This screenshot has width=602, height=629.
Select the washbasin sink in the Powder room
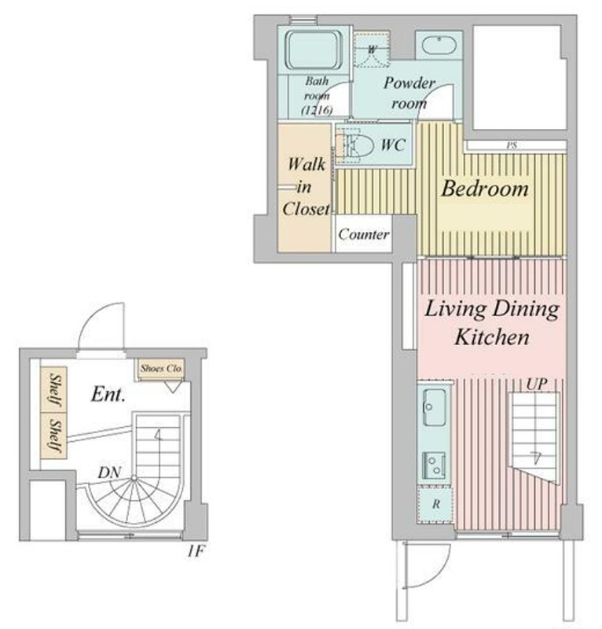click(x=439, y=47)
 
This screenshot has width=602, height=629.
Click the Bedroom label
click(x=485, y=189)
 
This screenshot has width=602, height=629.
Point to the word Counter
click(x=363, y=234)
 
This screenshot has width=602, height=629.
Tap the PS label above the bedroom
click(x=512, y=145)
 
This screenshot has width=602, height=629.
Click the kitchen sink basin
click(x=434, y=407)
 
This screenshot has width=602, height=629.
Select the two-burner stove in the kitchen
click(x=434, y=465)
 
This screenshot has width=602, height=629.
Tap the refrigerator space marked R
click(x=435, y=504)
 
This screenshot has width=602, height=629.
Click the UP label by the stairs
click(x=537, y=384)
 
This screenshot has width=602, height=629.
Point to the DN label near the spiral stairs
click(x=109, y=473)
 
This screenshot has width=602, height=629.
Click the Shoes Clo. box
click(x=161, y=369)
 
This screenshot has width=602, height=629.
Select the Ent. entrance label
click(x=108, y=394)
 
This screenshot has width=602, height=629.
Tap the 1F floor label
click(x=196, y=552)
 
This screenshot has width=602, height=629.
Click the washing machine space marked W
click(x=372, y=50)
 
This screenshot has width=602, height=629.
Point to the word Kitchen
click(x=492, y=337)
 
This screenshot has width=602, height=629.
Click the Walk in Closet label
click(x=306, y=186)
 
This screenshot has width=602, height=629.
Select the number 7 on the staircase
click(x=535, y=458)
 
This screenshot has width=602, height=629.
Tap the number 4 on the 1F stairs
click(x=159, y=436)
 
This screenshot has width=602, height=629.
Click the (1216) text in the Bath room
click(x=317, y=110)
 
